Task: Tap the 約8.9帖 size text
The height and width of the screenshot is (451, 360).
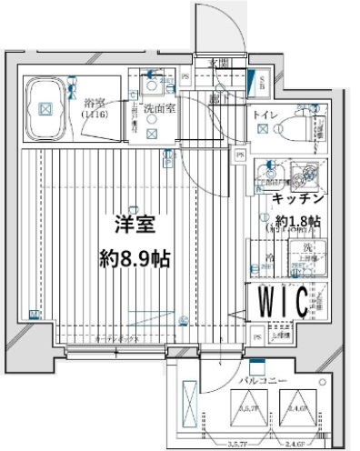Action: [135, 256]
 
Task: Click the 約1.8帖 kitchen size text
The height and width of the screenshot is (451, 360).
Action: [297, 220]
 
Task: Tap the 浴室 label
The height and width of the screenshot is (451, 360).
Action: [93, 105]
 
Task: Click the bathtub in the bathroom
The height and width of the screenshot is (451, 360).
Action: [47, 107]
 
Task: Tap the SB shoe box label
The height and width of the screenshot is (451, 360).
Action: [263, 85]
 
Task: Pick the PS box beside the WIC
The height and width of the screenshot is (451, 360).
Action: [259, 338]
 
